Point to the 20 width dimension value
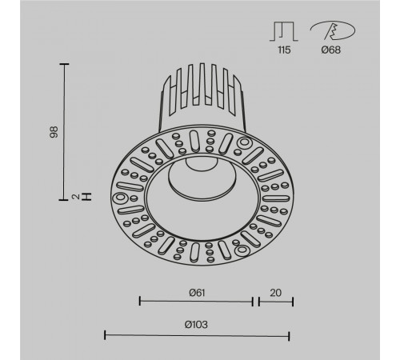tap(275, 292)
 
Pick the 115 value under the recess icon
tap(285, 50)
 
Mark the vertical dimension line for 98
tap(64, 132)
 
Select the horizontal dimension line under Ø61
tap(195, 302)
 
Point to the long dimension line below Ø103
tap(197, 334)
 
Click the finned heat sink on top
tap(203, 96)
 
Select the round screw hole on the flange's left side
tap(119, 198)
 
